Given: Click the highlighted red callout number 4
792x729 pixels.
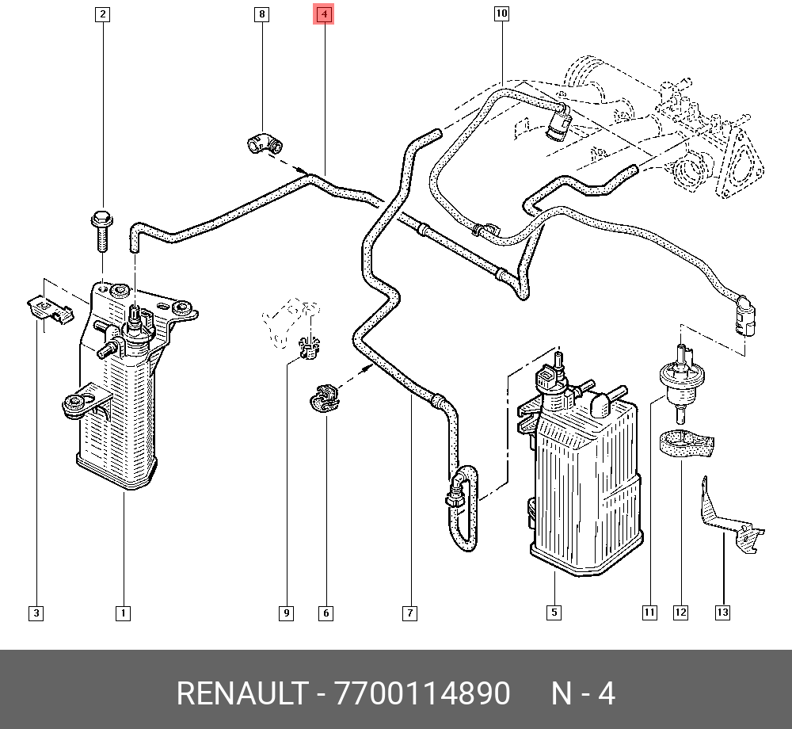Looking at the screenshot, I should pyautogui.click(x=324, y=14).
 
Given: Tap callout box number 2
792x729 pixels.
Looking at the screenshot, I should pyautogui.click(x=103, y=14).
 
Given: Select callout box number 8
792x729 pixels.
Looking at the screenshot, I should pyautogui.click(x=262, y=14).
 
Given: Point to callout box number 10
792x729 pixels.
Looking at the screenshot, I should pyautogui.click(x=501, y=13).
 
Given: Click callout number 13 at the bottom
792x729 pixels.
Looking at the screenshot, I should pyautogui.click(x=722, y=613).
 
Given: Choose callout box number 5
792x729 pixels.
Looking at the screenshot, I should pyautogui.click(x=554, y=613).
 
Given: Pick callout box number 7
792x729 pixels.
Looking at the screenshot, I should pyautogui.click(x=409, y=613).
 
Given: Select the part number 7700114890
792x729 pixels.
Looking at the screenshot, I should pyautogui.click(x=423, y=694).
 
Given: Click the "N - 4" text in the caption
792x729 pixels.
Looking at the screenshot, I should pyautogui.click(x=583, y=694).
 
